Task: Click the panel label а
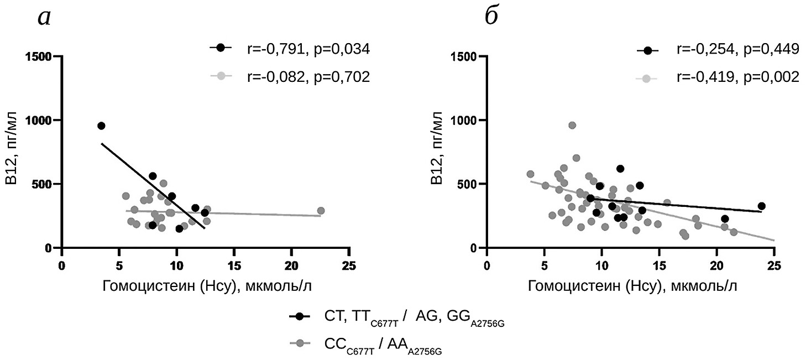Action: [44, 18]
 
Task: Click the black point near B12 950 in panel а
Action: [101, 126]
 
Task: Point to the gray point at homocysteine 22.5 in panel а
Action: [321, 211]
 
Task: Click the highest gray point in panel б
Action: [572, 126]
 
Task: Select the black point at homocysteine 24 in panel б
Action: [761, 206]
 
